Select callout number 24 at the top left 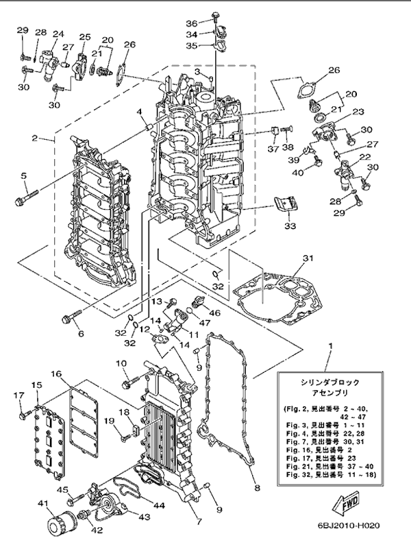[57, 32]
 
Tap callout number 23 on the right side [357, 112]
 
